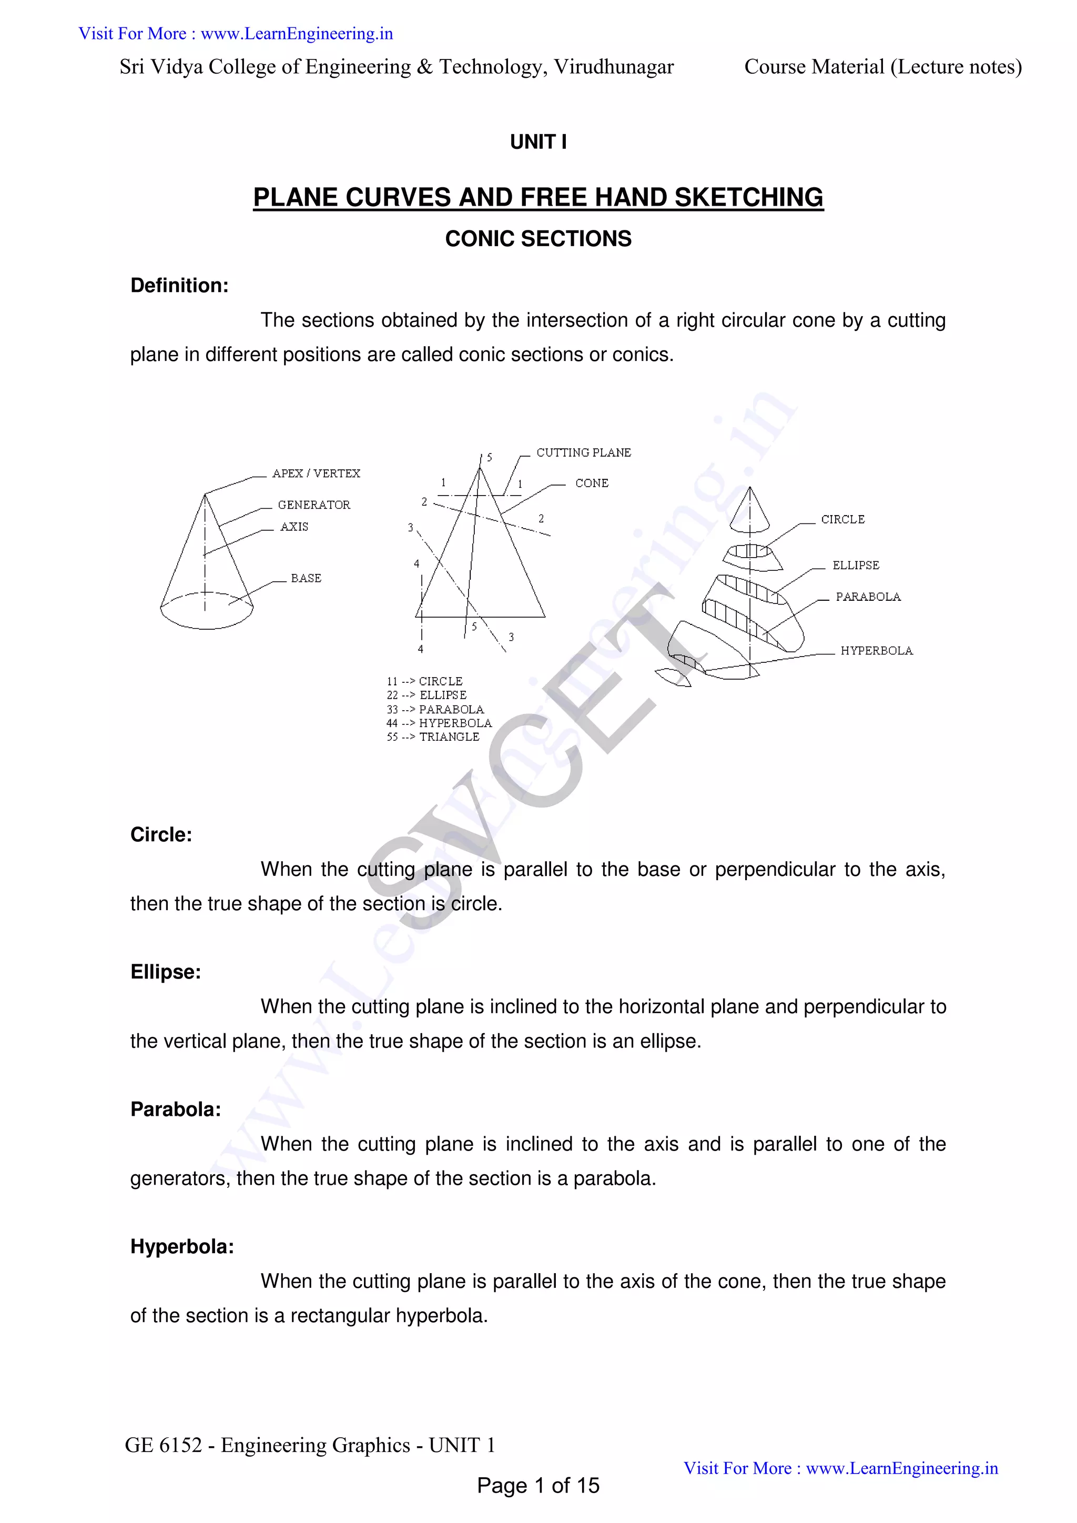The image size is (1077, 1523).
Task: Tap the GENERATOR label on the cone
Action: click(313, 505)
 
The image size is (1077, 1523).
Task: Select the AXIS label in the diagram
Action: click(294, 527)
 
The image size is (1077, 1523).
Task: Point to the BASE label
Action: click(306, 578)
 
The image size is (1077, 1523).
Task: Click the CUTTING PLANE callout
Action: click(584, 452)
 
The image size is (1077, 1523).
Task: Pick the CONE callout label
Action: click(592, 483)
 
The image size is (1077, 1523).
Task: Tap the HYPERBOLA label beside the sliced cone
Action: click(876, 651)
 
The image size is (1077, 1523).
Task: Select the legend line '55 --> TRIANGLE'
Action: click(432, 737)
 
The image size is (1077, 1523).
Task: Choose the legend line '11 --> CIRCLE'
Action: click(424, 681)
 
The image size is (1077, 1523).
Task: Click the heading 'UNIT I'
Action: click(538, 142)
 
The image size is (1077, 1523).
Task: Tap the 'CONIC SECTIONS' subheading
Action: click(538, 239)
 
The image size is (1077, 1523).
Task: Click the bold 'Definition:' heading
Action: click(179, 285)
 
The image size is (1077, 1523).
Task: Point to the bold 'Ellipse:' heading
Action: click(165, 972)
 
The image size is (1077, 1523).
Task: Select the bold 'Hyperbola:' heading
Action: click(182, 1246)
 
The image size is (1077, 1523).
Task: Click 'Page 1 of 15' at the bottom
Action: click(538, 1485)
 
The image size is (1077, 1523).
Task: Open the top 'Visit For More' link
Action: click(236, 34)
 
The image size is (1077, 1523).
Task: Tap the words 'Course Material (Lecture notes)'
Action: click(883, 67)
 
